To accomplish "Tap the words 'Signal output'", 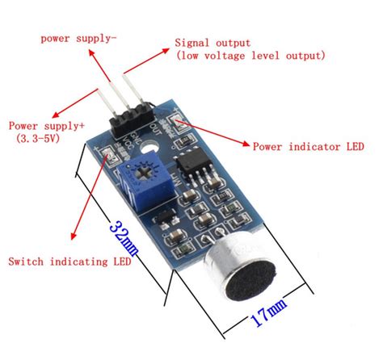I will pyautogui.click(x=213, y=43).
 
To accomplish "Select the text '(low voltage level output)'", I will pyautogui.click(x=250, y=56).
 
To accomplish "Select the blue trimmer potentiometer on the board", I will pyautogui.click(x=145, y=172).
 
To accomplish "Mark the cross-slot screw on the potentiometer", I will pyautogui.click(x=146, y=169).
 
